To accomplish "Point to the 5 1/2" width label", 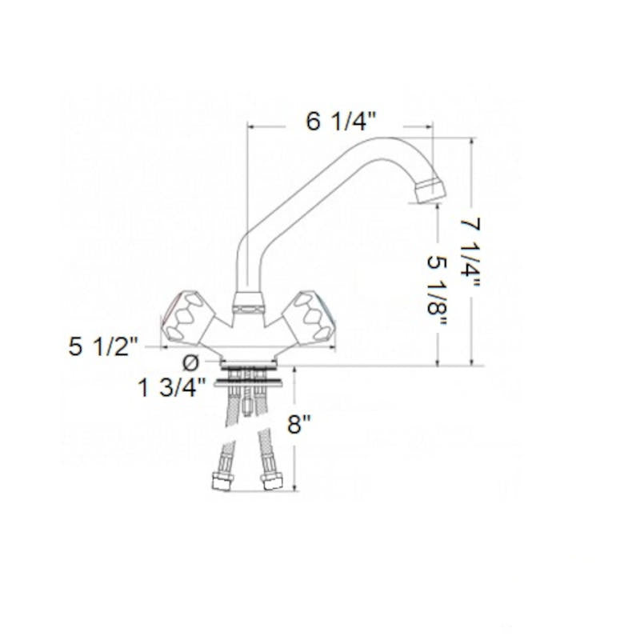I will point(105,348).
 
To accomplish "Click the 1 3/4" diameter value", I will point(172,389).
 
